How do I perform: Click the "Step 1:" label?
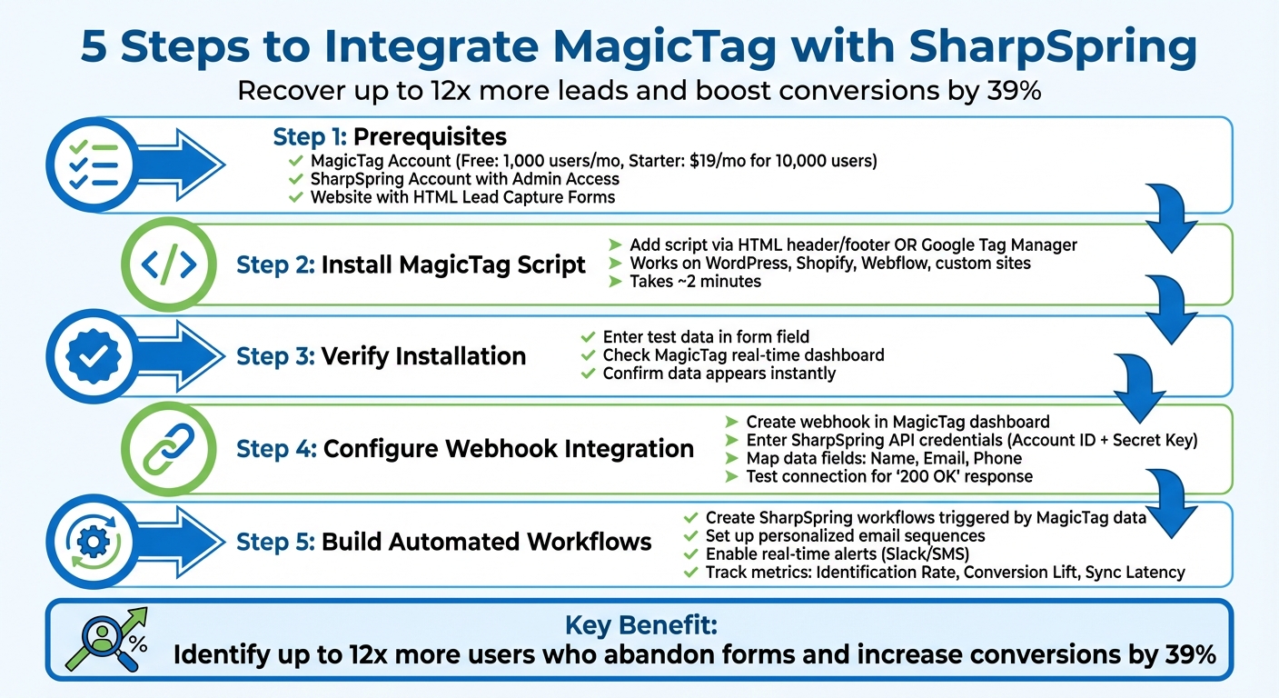(309, 137)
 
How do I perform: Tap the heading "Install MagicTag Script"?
(453, 265)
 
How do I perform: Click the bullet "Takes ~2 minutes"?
(696, 282)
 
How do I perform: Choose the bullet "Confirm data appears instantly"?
(719, 374)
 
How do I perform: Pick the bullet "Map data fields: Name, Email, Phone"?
(883, 458)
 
